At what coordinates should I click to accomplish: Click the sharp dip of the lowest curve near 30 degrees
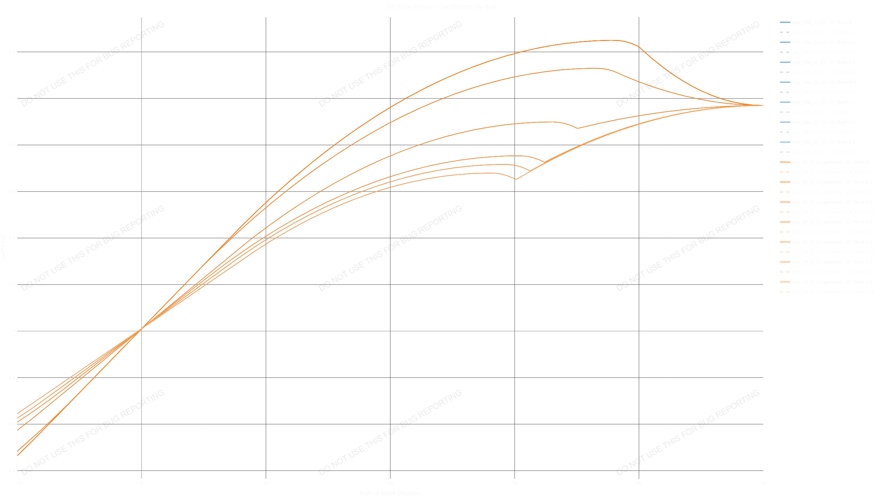coord(516,179)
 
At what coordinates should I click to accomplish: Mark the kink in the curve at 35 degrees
coord(577,128)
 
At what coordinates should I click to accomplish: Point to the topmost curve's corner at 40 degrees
coord(639,47)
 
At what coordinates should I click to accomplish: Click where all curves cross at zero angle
coord(140,330)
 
